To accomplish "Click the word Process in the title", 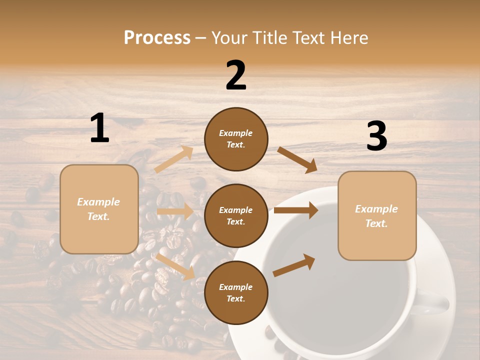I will [157, 38].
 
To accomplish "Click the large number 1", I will [99, 128].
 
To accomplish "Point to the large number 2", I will [236, 76].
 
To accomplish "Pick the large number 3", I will [376, 136].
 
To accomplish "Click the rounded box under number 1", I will [99, 209].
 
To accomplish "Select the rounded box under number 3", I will [377, 216].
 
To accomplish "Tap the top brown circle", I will [236, 139].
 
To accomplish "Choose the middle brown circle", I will [236, 216].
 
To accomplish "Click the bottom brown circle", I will [236, 293].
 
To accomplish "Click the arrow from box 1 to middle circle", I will [175, 211].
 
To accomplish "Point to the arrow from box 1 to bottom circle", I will [175, 266].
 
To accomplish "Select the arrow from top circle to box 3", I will [297, 159].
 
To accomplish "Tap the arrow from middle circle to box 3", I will [296, 210].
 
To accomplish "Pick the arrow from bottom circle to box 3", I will [294, 265].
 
